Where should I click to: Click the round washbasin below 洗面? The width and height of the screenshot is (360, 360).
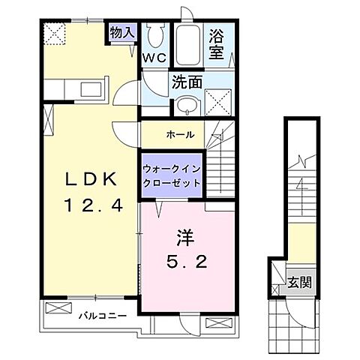(x=189, y=104)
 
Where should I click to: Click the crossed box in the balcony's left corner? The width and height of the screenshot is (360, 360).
(x=56, y=307)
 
